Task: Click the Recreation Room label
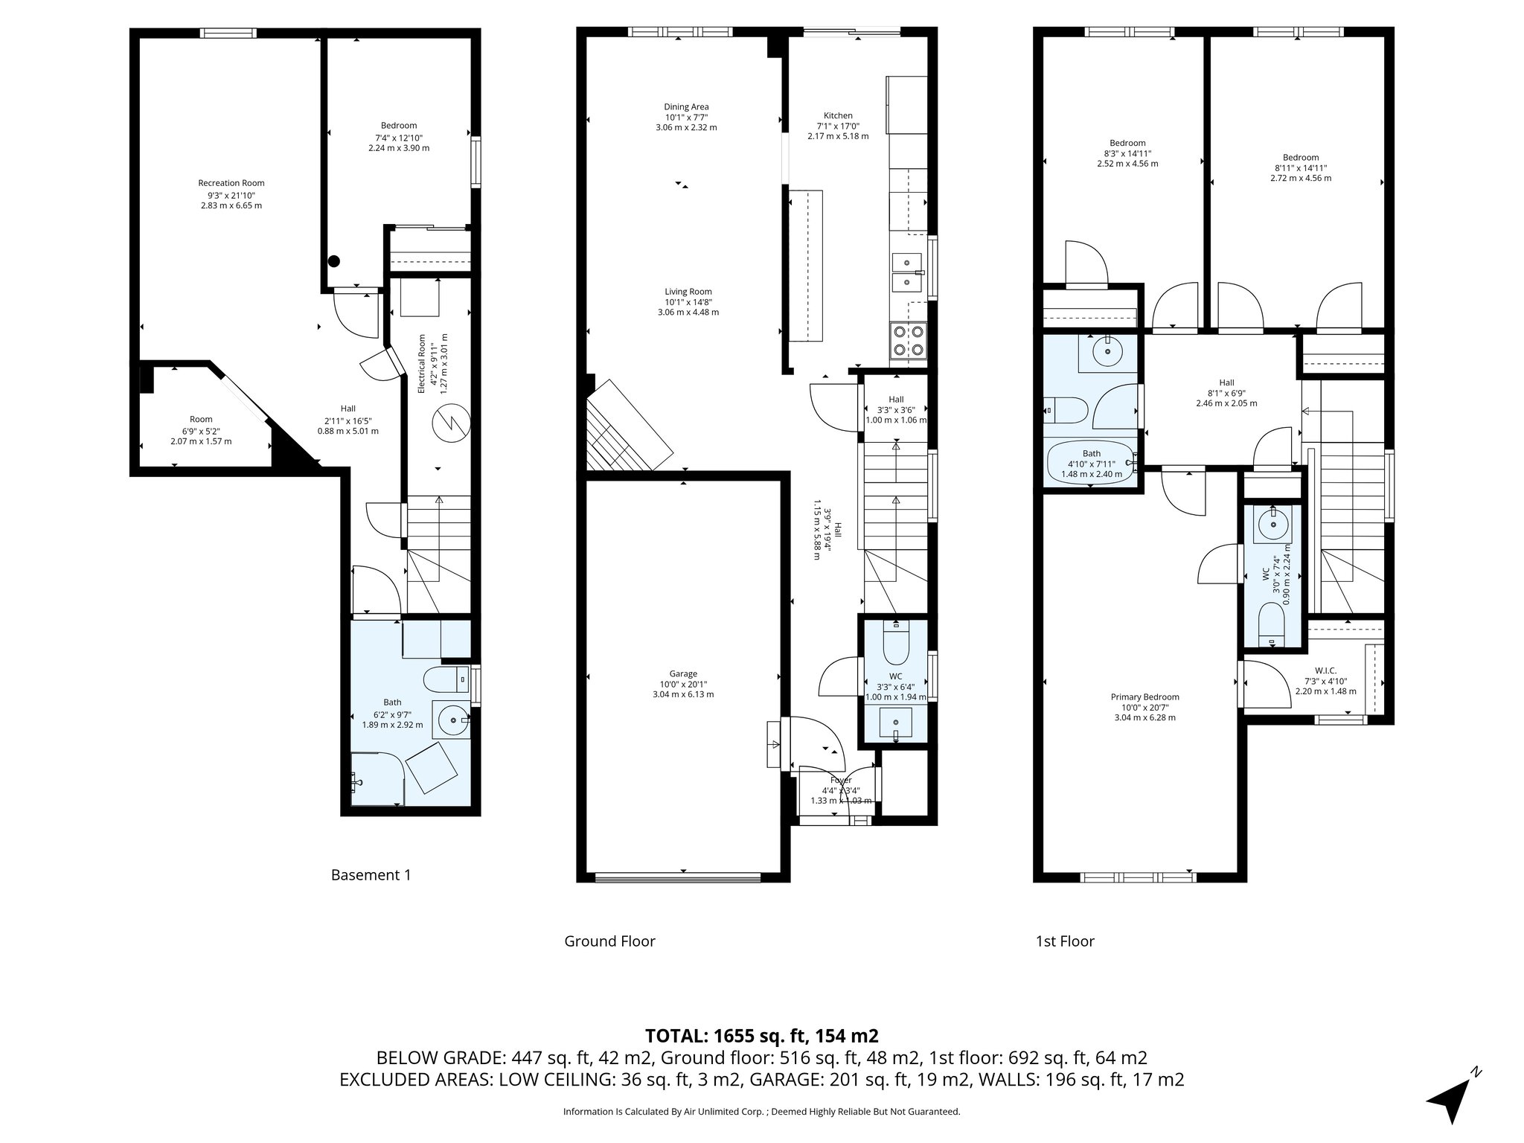(231, 183)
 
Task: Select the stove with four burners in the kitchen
(909, 341)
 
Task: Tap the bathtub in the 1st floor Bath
(1091, 464)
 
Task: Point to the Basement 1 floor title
(371, 875)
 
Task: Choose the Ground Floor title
(609, 941)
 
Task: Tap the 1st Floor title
(1065, 941)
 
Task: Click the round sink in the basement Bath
(451, 720)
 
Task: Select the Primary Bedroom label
(1144, 697)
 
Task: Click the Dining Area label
(686, 107)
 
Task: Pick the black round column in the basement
(334, 261)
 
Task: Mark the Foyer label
(841, 781)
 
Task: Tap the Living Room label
(688, 292)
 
